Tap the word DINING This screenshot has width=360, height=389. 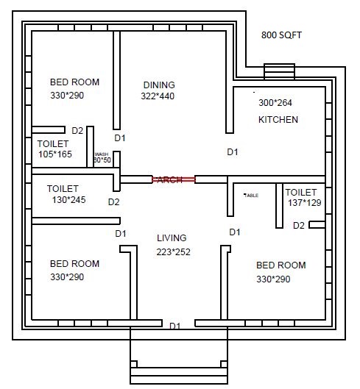(160, 85)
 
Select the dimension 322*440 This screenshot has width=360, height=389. (158, 96)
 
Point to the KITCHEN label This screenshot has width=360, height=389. (278, 119)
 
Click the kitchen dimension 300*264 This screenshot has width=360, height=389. (275, 103)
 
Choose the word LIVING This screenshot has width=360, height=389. (172, 238)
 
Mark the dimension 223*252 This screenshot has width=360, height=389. (173, 251)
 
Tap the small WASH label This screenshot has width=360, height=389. (101, 154)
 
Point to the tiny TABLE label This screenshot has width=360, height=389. (251, 195)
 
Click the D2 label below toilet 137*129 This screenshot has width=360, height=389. (298, 226)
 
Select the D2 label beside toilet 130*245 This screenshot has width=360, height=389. (113, 201)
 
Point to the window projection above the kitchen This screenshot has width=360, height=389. (278, 71)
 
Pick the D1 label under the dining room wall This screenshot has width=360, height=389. (120, 138)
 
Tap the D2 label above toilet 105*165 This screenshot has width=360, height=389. (77, 131)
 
